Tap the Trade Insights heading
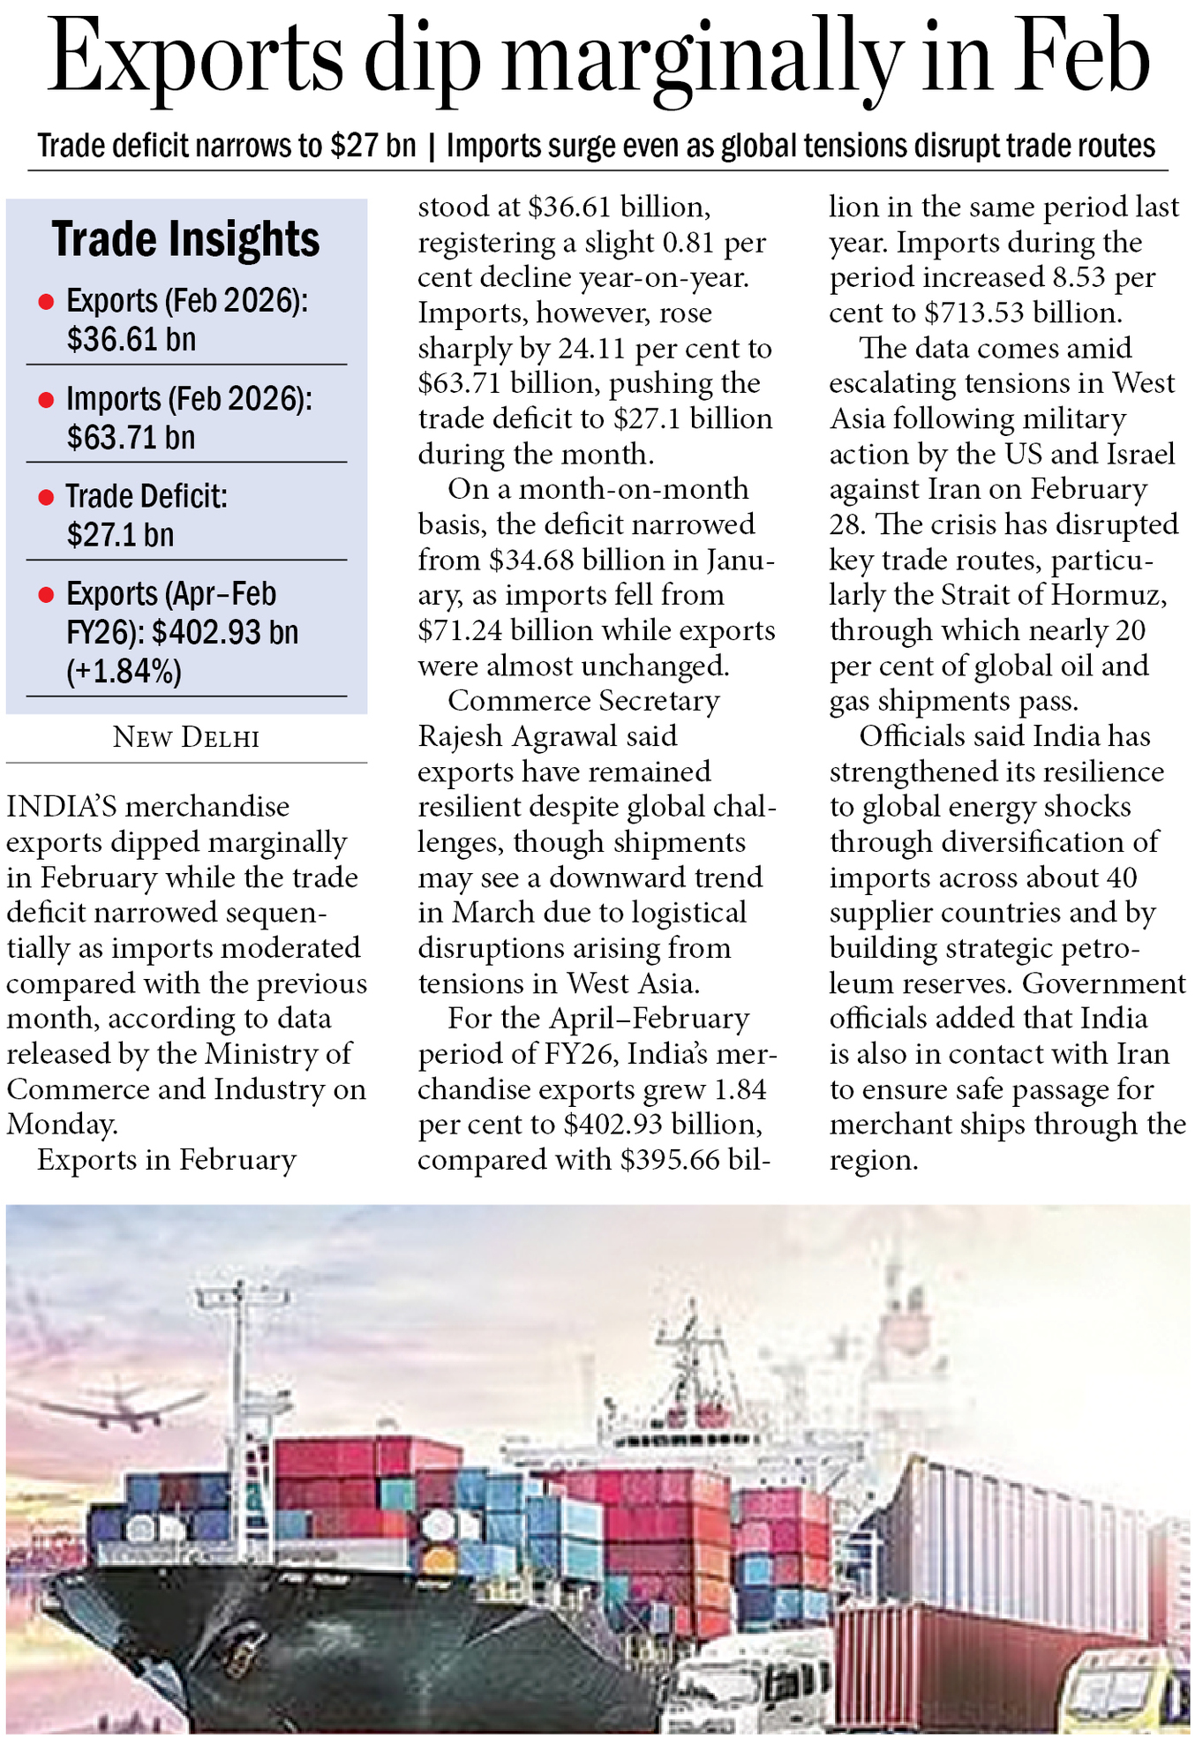coord(185,239)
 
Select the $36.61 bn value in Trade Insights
coord(132,340)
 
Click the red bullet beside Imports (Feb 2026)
coord(46,401)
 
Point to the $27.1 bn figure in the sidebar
coord(120,536)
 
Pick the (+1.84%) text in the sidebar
coord(124,673)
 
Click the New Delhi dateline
coord(186,738)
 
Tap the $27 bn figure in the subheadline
coord(372,146)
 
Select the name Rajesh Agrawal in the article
coord(547,736)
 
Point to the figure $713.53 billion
coord(1023,312)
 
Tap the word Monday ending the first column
coord(61,1125)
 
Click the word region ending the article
coord(873,1160)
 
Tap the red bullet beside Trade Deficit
coord(46,499)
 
